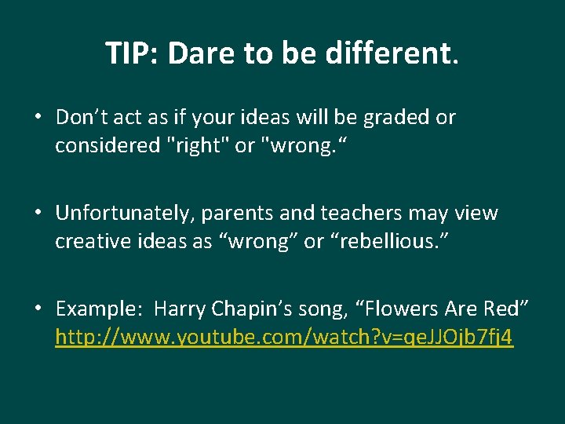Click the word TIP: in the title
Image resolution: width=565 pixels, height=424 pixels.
132,53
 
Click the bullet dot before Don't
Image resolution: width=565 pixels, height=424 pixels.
38,118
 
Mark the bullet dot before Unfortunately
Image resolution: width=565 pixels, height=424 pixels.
38,214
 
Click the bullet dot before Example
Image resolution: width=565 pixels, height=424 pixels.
38,309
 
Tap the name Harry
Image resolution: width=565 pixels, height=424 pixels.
180,309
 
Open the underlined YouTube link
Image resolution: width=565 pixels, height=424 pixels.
284,338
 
